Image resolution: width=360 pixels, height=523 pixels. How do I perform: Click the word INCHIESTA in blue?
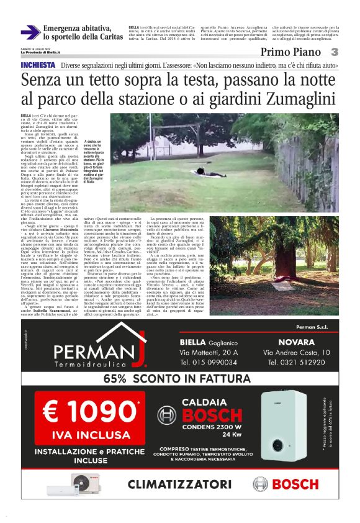tap(38, 65)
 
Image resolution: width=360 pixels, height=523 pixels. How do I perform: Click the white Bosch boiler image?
tap(283, 424)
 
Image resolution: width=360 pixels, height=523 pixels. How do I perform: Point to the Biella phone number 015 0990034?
tap(210, 362)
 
